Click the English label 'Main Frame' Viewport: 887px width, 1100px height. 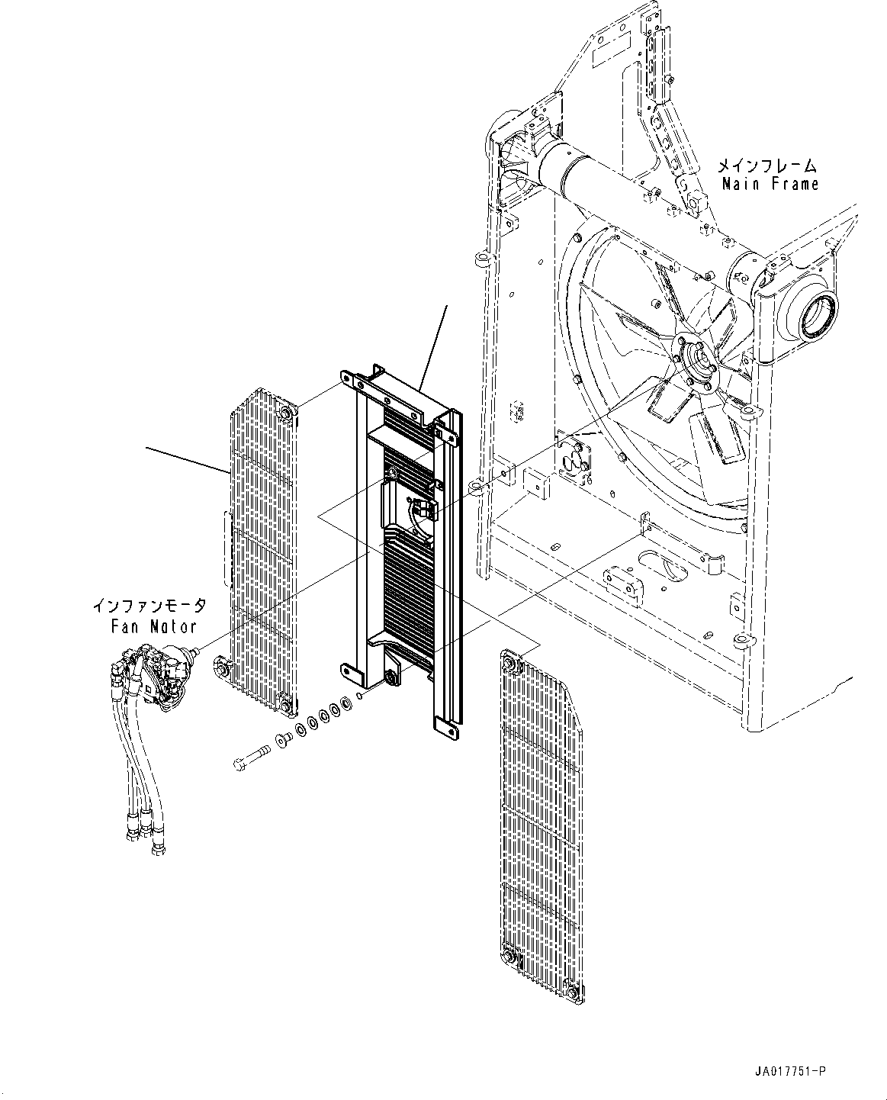point(770,184)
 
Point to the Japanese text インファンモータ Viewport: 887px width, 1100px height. point(149,606)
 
